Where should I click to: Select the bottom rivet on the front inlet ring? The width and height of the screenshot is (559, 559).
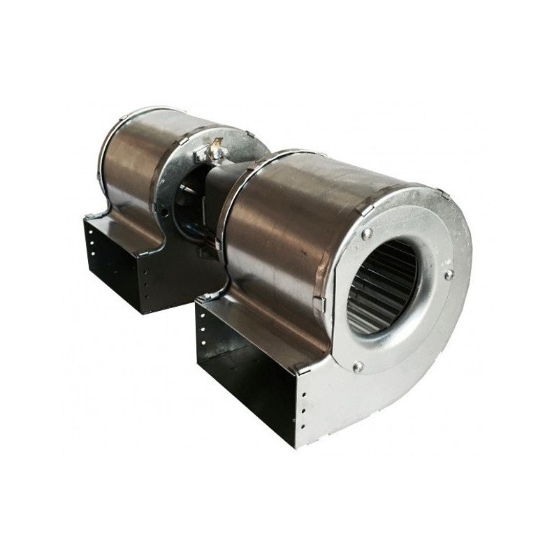click(358, 365)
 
